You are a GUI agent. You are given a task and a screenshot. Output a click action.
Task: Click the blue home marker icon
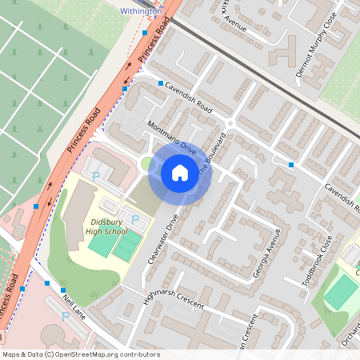180,172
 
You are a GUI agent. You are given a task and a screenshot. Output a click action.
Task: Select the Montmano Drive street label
171,138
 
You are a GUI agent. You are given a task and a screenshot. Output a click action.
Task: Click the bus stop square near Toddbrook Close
291,165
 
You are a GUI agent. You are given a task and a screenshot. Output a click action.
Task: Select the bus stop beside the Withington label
145,34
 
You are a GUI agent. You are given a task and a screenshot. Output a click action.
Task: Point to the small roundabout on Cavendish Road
230,123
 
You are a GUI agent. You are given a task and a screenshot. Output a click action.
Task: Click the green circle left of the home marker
146,164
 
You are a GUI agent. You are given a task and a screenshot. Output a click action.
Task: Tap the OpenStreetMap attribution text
80,354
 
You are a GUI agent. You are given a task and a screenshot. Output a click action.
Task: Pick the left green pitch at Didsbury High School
102,245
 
